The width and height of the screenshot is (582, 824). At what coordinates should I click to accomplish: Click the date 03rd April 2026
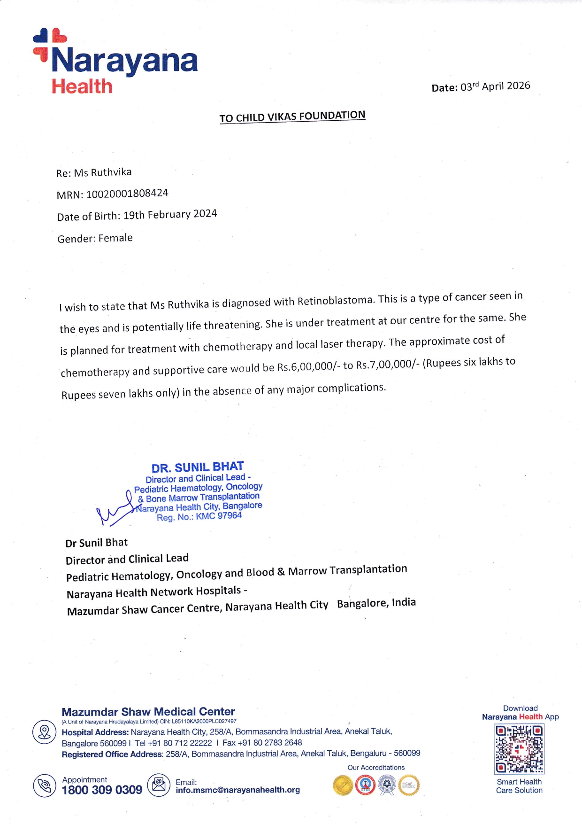click(495, 86)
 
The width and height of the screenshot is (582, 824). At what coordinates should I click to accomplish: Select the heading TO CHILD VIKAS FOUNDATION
click(292, 117)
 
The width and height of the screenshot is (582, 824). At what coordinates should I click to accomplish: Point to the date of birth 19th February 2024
click(170, 215)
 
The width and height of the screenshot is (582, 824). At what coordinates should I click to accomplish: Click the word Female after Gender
click(115, 238)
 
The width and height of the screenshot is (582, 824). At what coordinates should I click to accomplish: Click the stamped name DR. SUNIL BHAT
click(198, 467)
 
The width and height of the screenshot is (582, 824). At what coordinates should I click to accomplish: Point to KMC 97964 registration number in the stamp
click(219, 516)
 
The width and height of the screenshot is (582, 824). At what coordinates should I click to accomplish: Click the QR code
click(519, 749)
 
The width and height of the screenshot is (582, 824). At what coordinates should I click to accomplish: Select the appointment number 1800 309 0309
click(102, 790)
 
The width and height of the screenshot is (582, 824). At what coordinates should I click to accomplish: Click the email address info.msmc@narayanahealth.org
click(237, 790)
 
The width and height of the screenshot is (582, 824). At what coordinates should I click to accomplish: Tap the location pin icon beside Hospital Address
click(45, 732)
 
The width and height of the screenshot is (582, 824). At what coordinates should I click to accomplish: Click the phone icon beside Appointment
click(45, 785)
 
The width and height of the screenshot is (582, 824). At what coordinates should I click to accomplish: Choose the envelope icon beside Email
click(159, 785)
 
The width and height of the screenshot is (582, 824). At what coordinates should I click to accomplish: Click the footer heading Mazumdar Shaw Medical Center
click(148, 712)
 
